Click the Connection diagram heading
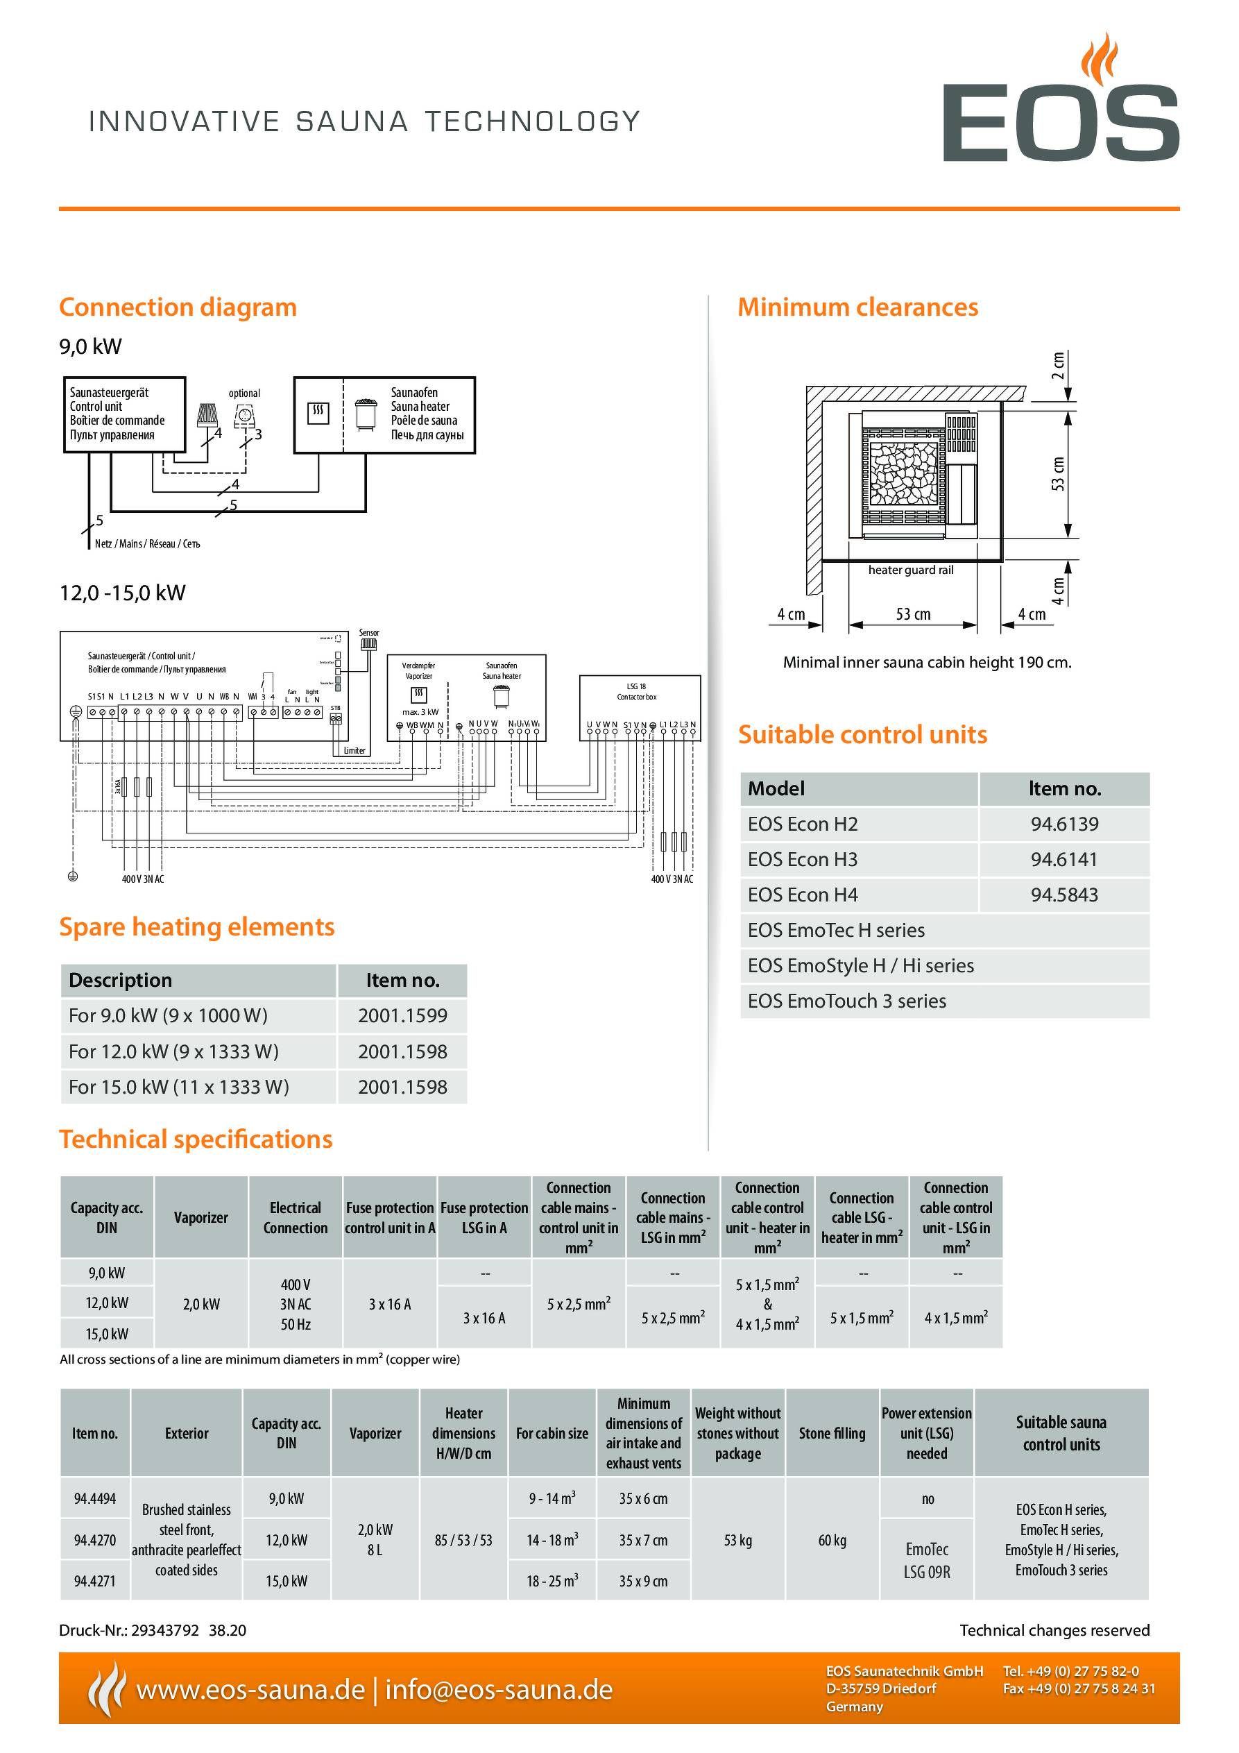pos(177,307)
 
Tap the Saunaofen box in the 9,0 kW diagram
pos(384,414)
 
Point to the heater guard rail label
pos(911,570)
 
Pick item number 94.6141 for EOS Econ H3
pos(1063,860)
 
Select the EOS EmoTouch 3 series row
pos(846,1001)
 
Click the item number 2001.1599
pos(402,1016)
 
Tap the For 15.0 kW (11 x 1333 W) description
pos(179,1087)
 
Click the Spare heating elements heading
pos(197,927)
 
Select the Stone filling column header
pos(831,1433)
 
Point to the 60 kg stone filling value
pos(831,1541)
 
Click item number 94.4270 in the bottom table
pos(94,1541)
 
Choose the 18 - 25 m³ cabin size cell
pos(552,1581)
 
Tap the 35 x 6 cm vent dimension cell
pos(643,1499)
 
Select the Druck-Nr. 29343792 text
pos(152,1631)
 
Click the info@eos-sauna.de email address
pos(499,1690)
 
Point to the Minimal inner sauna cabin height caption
pos(927,663)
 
